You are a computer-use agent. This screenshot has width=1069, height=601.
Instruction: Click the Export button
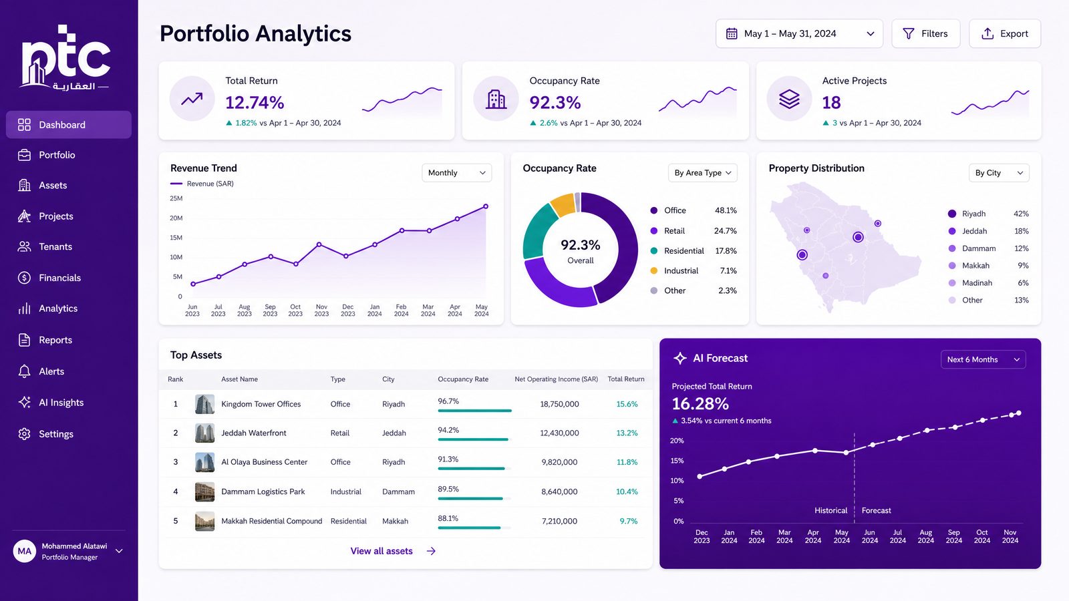pyautogui.click(x=1005, y=33)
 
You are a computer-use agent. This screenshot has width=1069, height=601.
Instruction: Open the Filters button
pyautogui.click(x=926, y=33)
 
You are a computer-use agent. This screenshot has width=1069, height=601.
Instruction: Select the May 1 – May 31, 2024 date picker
pyautogui.click(x=799, y=33)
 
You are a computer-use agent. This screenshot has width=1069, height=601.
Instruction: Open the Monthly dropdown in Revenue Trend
pyautogui.click(x=457, y=173)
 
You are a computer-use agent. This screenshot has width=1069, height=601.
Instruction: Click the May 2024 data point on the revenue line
pyautogui.click(x=486, y=206)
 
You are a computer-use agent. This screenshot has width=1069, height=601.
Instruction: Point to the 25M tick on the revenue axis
pyautogui.click(x=176, y=198)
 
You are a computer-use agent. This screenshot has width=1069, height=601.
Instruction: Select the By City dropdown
pyautogui.click(x=999, y=173)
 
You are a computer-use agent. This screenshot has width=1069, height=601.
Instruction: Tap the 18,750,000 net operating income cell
pyautogui.click(x=559, y=404)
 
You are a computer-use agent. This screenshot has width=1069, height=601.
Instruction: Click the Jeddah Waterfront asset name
pyautogui.click(x=253, y=433)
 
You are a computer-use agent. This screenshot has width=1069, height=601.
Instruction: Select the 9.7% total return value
pyautogui.click(x=629, y=522)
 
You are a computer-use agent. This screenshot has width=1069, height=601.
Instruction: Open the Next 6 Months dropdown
pyautogui.click(x=983, y=360)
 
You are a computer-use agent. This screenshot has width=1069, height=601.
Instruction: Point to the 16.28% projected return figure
pyautogui.click(x=700, y=404)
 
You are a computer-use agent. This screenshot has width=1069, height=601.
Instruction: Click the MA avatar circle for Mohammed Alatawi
pyautogui.click(x=24, y=552)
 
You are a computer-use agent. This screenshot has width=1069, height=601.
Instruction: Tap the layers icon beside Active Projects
pyautogui.click(x=789, y=99)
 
